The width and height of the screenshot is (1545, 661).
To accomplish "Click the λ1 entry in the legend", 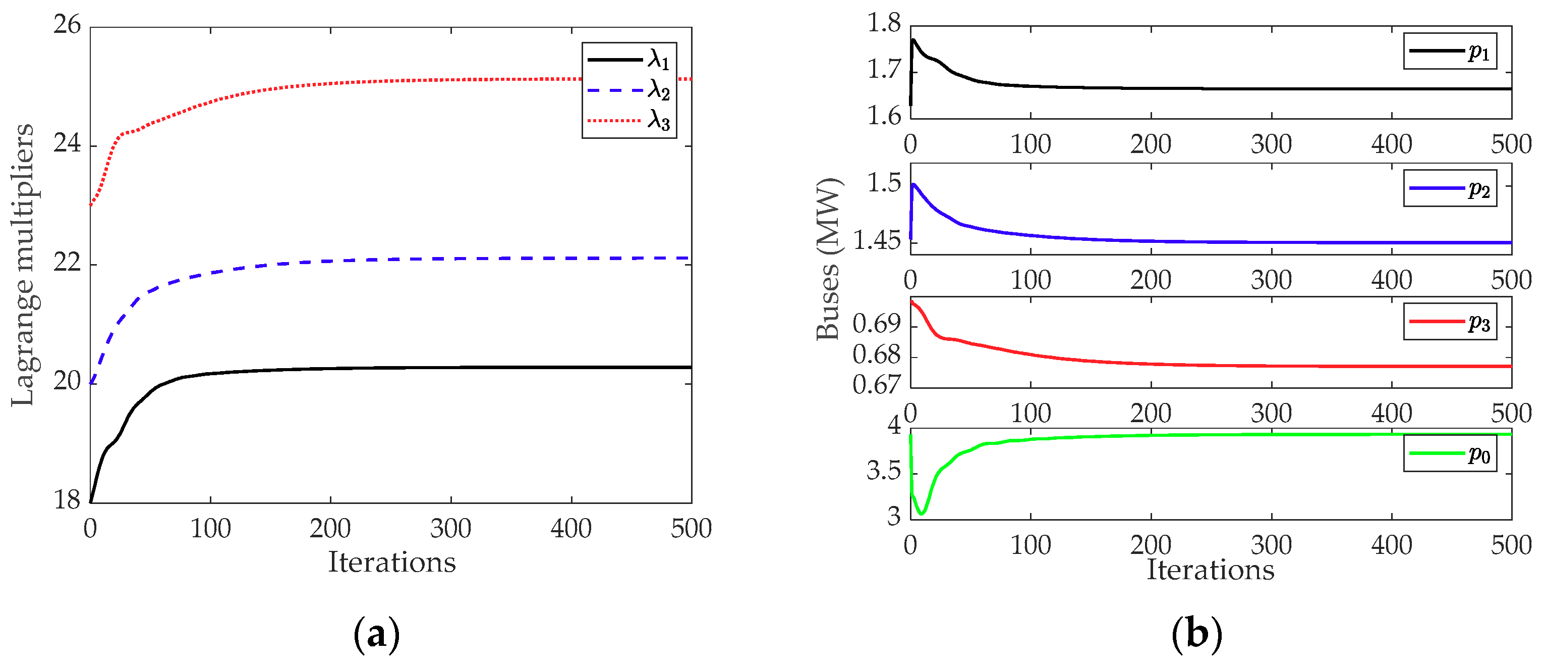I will click(x=628, y=60).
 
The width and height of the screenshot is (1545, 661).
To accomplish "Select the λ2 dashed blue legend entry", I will click(x=628, y=90).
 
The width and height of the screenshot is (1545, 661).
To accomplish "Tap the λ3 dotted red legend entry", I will click(x=628, y=120).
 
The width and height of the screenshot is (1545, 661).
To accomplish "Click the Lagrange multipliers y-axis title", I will click(x=23, y=264).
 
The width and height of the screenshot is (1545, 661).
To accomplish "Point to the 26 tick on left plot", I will click(x=67, y=25).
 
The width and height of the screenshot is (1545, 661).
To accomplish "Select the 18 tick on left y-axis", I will click(x=67, y=499).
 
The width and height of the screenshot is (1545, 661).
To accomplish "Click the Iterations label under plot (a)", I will click(x=391, y=563).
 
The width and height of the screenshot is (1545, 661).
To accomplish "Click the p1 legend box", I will click(x=1449, y=52).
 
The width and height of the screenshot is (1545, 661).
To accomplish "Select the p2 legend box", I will click(x=1449, y=188).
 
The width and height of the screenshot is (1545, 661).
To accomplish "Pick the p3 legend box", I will click(x=1449, y=322).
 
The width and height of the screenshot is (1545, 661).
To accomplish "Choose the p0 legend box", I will click(x=1449, y=454).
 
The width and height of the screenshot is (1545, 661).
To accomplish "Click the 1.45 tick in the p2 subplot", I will click(x=876, y=241).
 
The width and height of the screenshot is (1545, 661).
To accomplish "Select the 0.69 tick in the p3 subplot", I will click(x=876, y=325).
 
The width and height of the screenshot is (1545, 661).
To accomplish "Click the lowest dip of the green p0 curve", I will click(x=921, y=514).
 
